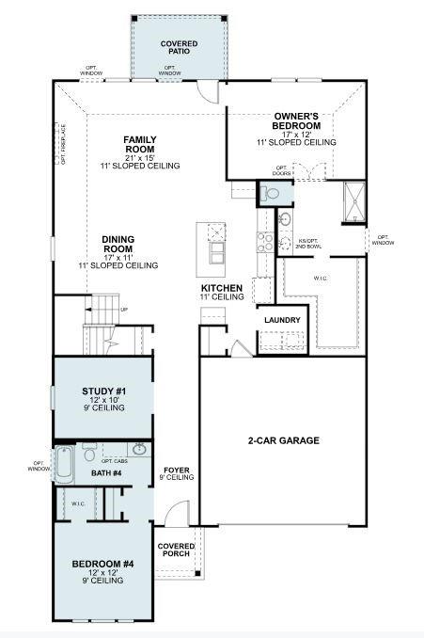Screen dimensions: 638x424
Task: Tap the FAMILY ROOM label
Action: pyautogui.click(x=139, y=145)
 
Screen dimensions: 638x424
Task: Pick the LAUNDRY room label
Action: pyautogui.click(x=282, y=320)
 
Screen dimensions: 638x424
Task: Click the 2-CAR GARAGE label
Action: pyautogui.click(x=284, y=440)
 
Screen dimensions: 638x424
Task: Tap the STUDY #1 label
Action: pyautogui.click(x=98, y=390)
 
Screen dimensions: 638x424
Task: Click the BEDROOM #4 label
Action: pyautogui.click(x=98, y=564)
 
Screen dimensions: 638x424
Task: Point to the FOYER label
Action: pyautogui.click(x=177, y=470)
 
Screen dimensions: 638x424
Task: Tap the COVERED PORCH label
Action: pyautogui.click(x=176, y=550)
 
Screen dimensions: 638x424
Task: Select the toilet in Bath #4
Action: pyautogui.click(x=89, y=453)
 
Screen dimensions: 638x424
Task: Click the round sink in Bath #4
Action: pyautogui.click(x=139, y=450)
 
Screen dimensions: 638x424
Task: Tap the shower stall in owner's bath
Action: pyautogui.click(x=353, y=199)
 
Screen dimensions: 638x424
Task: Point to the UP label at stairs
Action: pyautogui.click(x=124, y=309)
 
